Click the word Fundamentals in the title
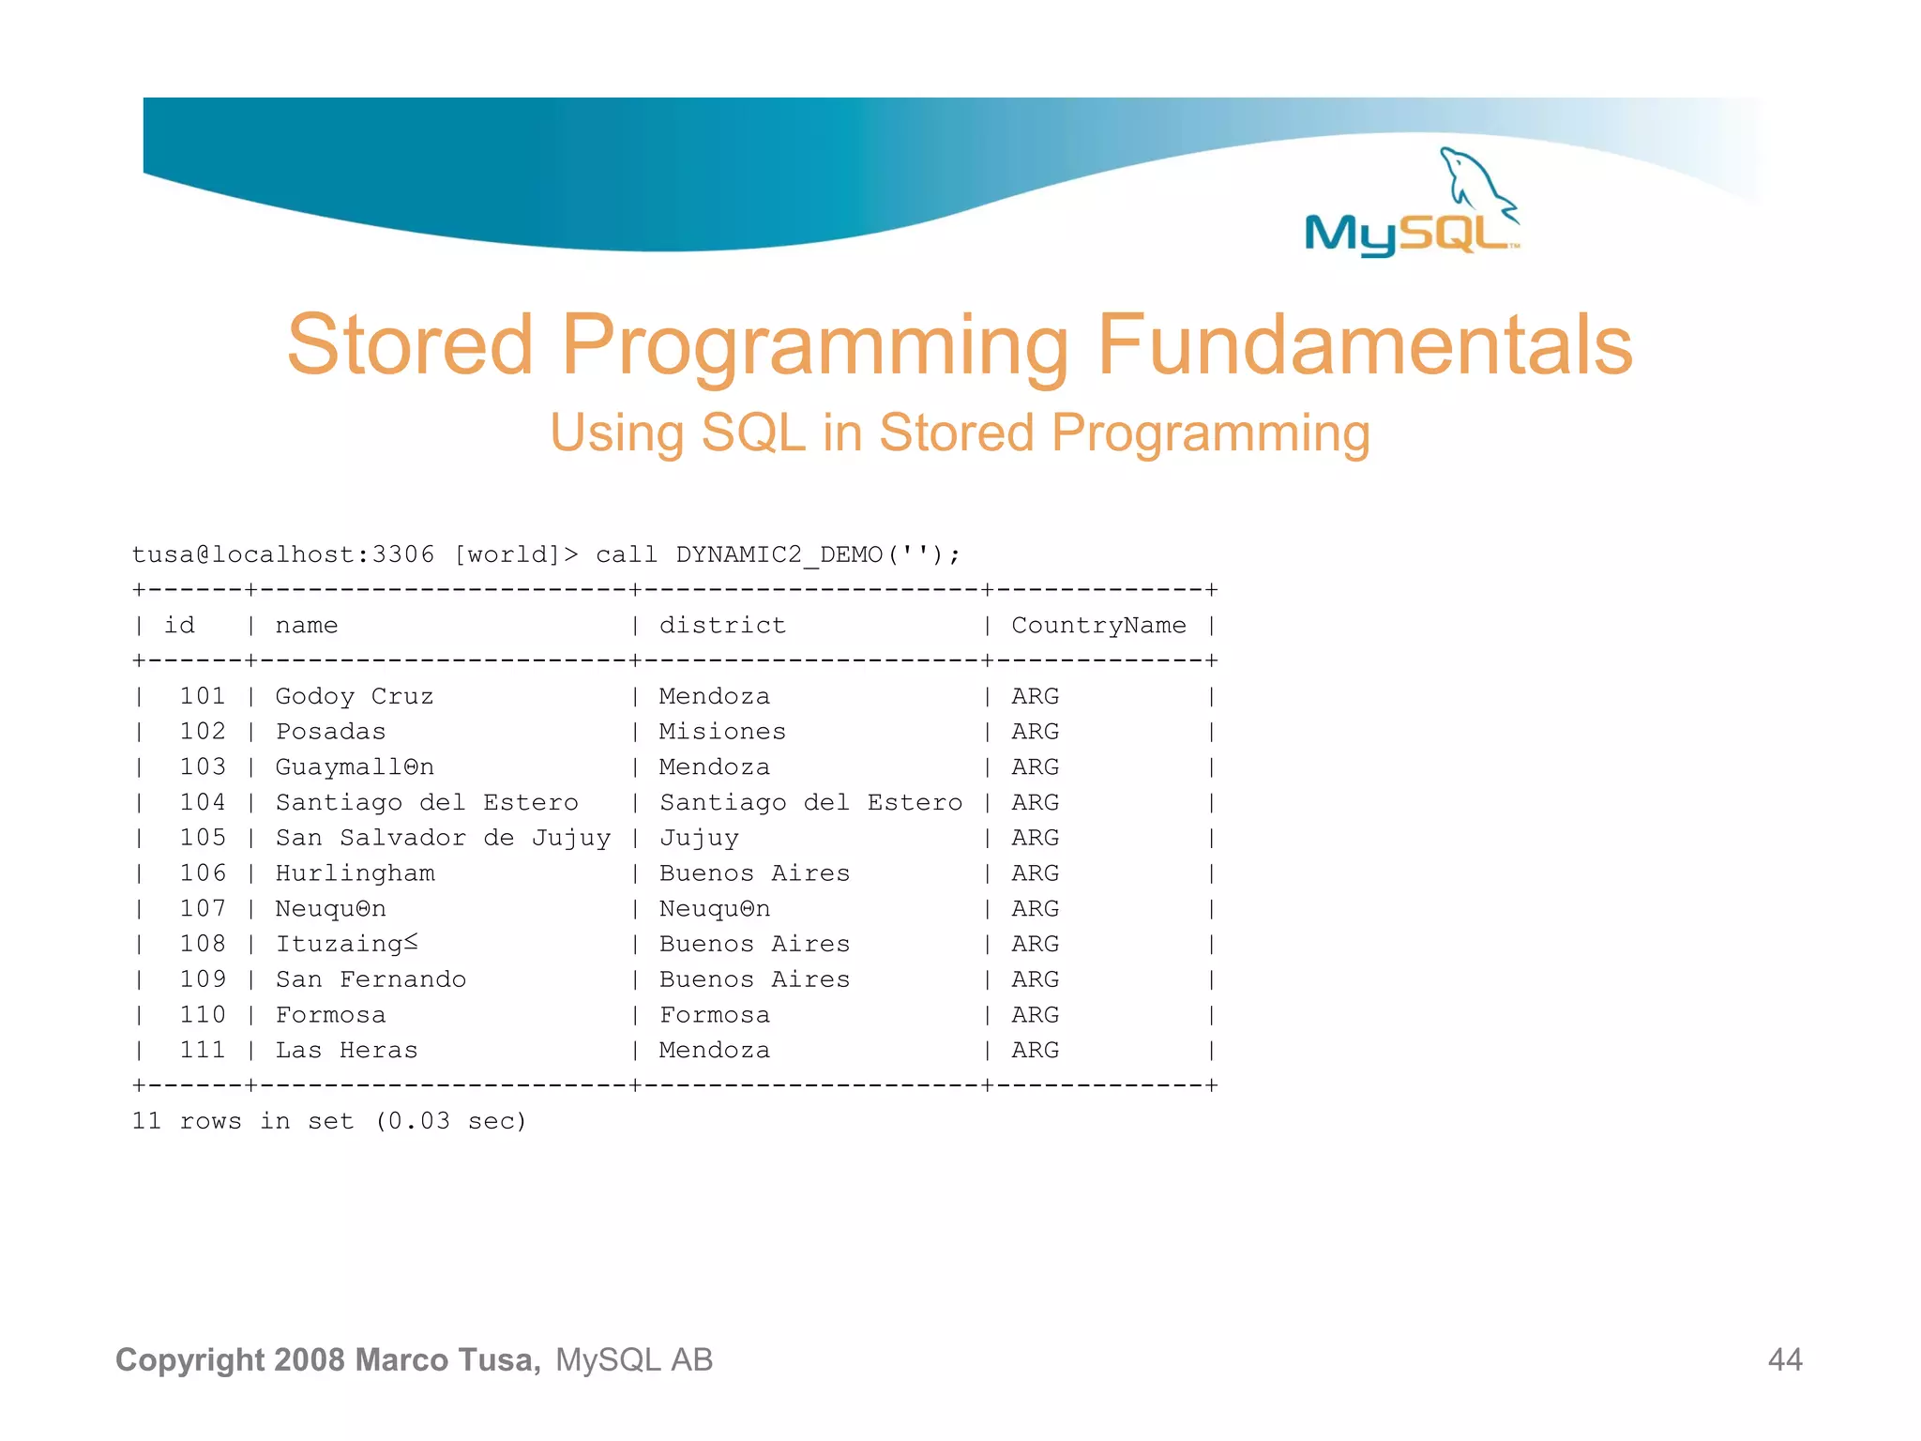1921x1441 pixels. tap(1365, 345)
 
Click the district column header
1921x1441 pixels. tap(722, 626)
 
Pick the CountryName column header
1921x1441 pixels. tap(1098, 626)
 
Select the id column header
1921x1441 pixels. tap(179, 626)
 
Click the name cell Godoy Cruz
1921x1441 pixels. tap(355, 696)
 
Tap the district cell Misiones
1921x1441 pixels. tap(722, 732)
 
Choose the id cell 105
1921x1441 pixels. tap(203, 838)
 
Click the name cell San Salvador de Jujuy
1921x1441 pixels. tap(443, 838)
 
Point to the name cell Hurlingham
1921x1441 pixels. tap(355, 873)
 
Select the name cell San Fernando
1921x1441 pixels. tap(371, 979)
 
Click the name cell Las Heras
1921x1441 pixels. tap(346, 1051)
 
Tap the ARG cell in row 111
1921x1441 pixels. tap(1035, 1051)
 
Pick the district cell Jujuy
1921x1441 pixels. tap(699, 838)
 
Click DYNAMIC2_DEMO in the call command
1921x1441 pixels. tap(779, 554)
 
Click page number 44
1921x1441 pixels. tap(1784, 1359)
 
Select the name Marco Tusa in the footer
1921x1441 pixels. tap(446, 1359)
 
